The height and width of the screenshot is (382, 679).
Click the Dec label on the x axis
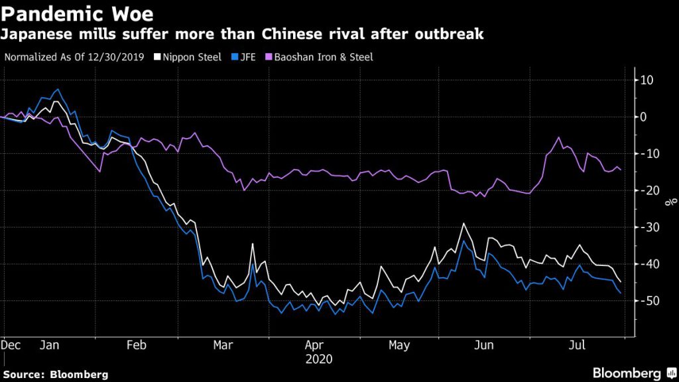tap(10, 346)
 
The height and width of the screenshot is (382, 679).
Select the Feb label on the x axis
tap(136, 346)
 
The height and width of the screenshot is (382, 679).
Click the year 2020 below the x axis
tap(320, 359)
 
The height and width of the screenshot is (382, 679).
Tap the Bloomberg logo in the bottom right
tap(634, 373)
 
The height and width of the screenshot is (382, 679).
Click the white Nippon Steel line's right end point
tap(620, 281)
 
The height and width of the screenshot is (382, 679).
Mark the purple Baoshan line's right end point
tap(620, 170)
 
